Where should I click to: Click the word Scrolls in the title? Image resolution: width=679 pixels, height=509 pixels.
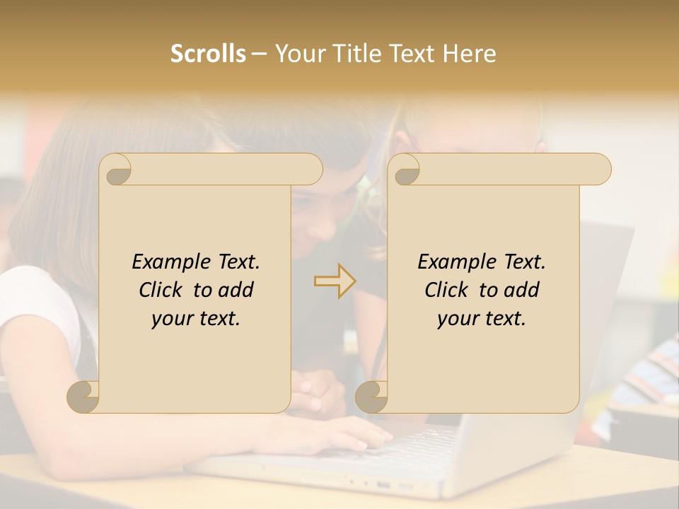[209, 54]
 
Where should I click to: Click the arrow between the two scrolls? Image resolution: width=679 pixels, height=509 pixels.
[335, 281]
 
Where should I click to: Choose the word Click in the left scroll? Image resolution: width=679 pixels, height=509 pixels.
[163, 290]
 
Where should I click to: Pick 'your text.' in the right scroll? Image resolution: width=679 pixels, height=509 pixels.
[482, 318]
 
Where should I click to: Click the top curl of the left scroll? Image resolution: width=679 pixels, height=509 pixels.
[117, 170]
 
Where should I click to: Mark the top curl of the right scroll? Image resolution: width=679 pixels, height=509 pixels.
[405, 170]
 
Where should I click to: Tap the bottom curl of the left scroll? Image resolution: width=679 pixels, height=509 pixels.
[84, 397]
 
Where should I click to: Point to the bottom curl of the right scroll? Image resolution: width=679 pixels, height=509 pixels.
[372, 397]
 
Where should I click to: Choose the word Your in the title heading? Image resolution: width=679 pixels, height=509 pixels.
[296, 54]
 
